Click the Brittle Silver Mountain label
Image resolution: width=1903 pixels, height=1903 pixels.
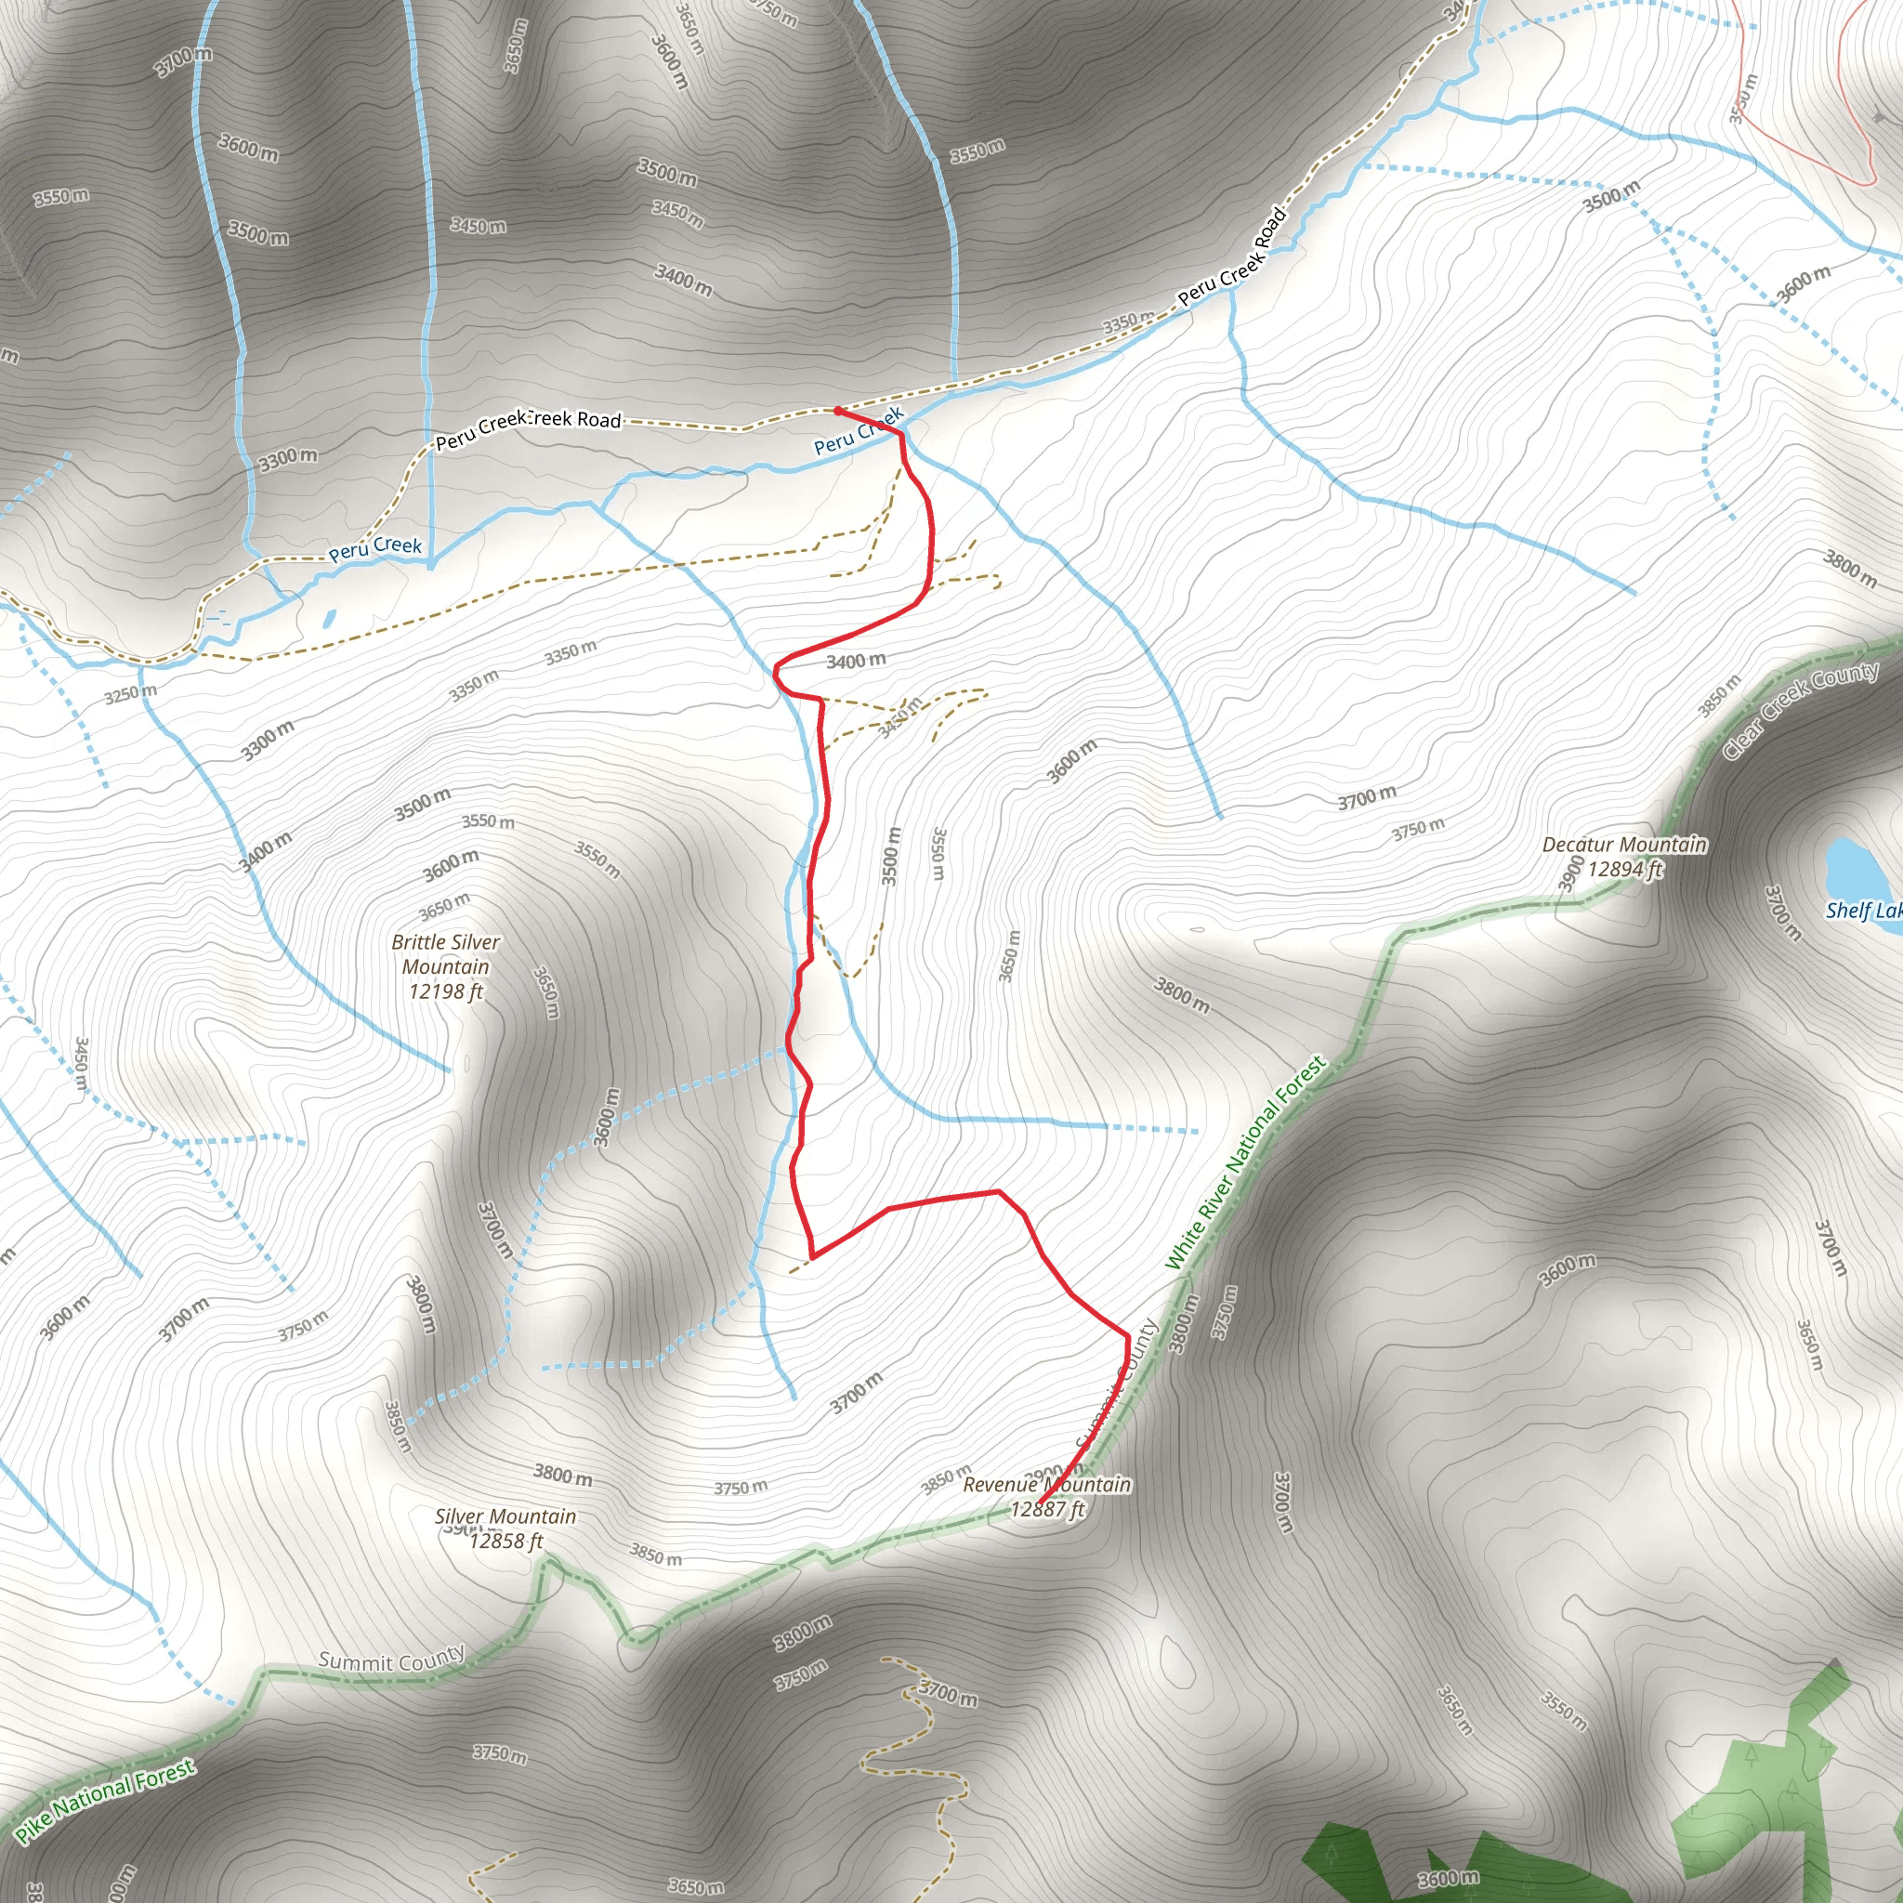click(445, 954)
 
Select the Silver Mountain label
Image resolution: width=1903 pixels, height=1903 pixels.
click(505, 1516)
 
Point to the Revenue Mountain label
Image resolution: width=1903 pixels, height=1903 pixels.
click(1046, 1484)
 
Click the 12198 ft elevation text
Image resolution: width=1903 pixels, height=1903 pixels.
click(445, 991)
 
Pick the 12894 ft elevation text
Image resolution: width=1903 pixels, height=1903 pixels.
click(1625, 869)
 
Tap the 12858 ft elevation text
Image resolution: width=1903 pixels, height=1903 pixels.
click(505, 1542)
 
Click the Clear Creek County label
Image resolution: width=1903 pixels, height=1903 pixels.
click(1800, 709)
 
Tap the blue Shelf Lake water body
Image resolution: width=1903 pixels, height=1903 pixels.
click(1850, 865)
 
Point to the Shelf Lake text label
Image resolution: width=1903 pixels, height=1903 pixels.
click(1863, 910)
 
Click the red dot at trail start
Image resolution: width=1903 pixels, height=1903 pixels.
click(837, 410)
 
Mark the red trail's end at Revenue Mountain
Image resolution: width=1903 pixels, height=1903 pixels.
click(1040, 1504)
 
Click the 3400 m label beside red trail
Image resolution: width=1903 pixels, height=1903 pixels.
click(855, 661)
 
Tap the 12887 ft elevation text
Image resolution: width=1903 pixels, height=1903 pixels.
click(1047, 1509)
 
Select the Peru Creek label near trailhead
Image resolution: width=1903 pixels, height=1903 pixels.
click(858, 432)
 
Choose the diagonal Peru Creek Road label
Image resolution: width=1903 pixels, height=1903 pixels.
click(1232, 256)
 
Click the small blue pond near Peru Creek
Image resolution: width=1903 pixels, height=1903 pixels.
click(329, 619)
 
